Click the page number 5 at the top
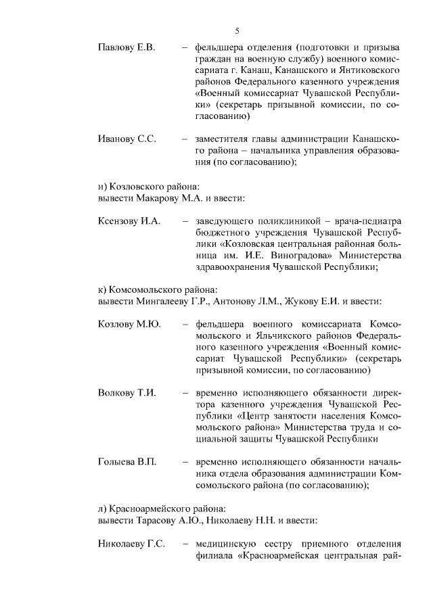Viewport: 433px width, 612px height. (x=237, y=30)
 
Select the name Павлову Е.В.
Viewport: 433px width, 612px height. (x=127, y=47)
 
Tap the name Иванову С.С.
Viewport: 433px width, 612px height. (x=127, y=139)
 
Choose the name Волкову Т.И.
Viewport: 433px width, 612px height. (x=127, y=393)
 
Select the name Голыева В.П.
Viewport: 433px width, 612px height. (x=127, y=461)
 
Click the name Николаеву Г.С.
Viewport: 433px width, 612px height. (x=131, y=544)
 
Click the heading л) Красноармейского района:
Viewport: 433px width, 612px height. (x=161, y=507)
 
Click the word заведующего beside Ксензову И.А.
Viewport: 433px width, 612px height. (x=223, y=221)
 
